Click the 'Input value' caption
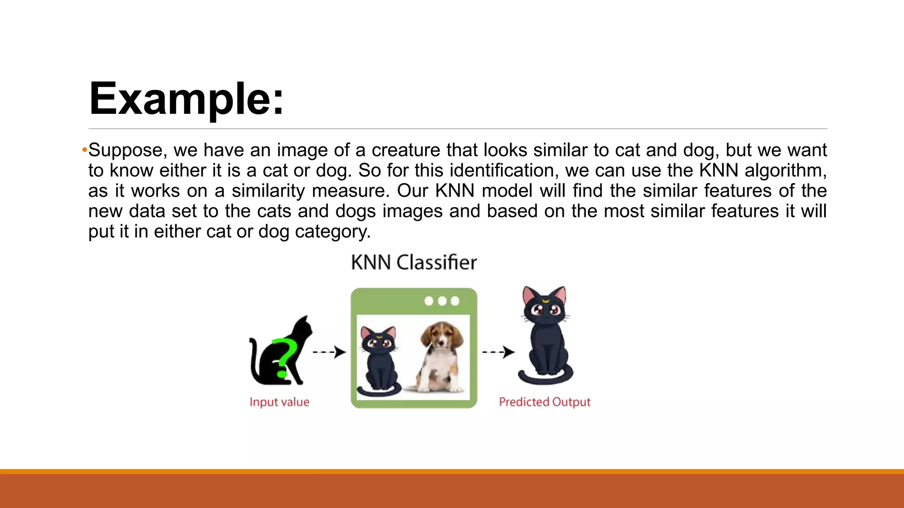coord(279,402)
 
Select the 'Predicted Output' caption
coord(544,402)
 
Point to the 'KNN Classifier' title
coord(414,262)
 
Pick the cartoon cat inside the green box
coord(379,359)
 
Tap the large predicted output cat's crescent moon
coord(546,301)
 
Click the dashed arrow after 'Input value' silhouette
coord(329,352)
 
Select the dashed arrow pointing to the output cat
coord(498,352)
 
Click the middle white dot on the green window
coord(442,301)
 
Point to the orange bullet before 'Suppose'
coord(84,150)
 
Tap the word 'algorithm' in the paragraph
coord(784,171)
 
